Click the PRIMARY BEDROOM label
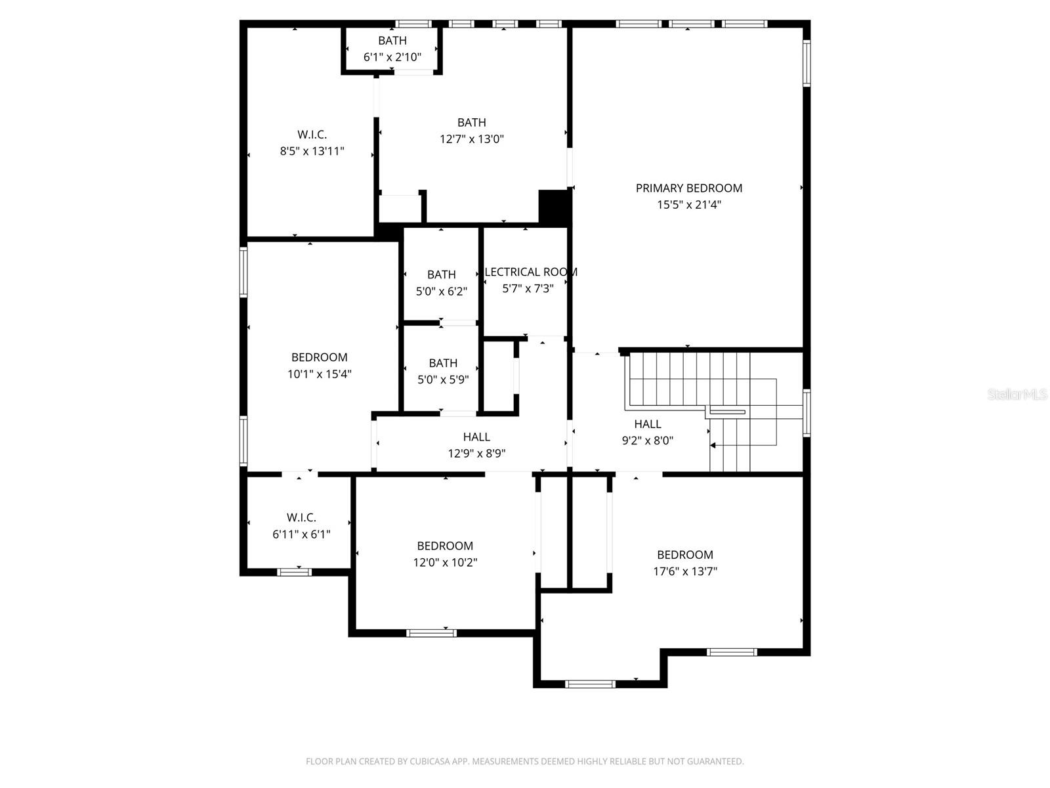coord(688,188)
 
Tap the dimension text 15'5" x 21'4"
coord(688,205)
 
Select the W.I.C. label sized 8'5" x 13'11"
coord(312,135)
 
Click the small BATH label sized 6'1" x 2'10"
coord(392,41)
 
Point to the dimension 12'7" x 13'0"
coord(471,139)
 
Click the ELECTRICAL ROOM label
coord(530,272)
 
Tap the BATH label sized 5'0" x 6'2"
coord(441,274)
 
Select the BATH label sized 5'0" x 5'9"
coord(443,363)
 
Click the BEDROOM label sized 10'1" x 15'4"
coord(319,357)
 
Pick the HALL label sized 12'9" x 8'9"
coord(476,437)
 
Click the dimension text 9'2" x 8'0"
coord(647,441)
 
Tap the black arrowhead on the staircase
coord(713,446)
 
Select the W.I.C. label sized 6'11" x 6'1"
coord(301,517)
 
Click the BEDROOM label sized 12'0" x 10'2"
coord(445,546)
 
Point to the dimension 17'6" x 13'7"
coord(684,571)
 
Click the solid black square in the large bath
coord(553,206)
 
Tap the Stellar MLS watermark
coord(1017,395)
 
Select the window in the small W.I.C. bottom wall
coord(294,572)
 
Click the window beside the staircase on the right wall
coord(807,413)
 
